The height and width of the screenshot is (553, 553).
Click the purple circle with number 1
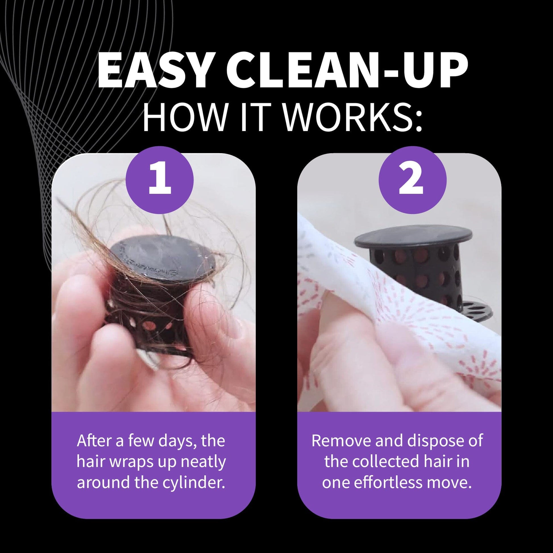pos(160,180)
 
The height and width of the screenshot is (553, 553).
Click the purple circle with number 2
pos(412,180)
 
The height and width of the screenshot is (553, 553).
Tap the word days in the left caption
pos(169,441)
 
